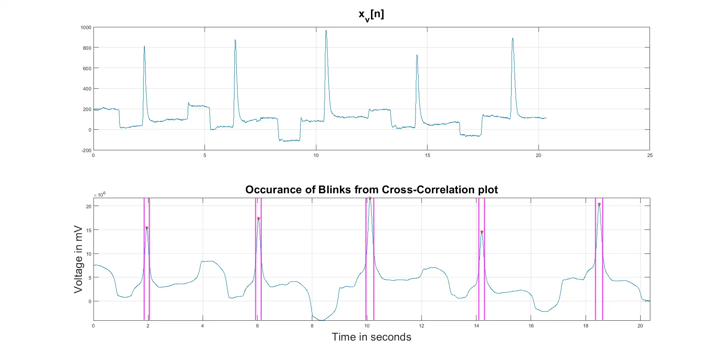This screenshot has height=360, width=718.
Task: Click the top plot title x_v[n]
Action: click(371, 15)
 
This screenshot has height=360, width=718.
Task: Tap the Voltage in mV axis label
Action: click(78, 259)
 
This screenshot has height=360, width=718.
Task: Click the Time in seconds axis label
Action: click(371, 337)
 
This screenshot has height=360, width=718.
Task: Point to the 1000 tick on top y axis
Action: click(86, 27)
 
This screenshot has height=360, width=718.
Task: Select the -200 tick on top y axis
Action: click(86, 150)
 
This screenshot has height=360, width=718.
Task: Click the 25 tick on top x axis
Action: click(650, 156)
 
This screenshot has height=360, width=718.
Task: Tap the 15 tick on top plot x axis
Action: click(427, 156)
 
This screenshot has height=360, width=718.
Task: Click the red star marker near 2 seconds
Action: click(147, 228)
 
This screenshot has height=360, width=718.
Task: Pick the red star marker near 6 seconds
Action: click(258, 219)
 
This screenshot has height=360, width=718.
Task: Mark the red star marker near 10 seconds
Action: click(370, 199)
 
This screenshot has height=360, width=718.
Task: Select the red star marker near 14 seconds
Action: click(482, 232)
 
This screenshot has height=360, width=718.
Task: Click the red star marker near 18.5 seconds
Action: click(599, 204)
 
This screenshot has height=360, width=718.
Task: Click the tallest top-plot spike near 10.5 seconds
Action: click(326, 31)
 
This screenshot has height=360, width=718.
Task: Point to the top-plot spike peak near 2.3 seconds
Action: click(144, 47)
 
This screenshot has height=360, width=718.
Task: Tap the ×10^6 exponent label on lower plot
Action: click(99, 194)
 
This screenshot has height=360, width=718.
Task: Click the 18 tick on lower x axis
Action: click(586, 326)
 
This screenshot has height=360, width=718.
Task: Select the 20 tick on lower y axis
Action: click(89, 206)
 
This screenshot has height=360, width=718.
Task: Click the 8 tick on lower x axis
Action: click(312, 326)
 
